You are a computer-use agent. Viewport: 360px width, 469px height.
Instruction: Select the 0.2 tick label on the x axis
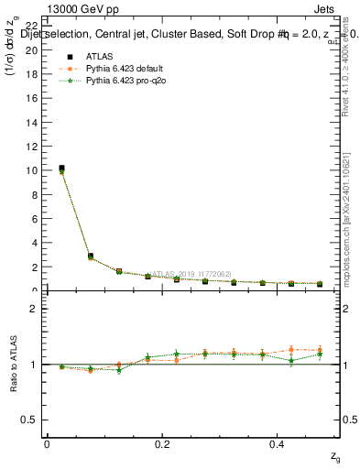162,443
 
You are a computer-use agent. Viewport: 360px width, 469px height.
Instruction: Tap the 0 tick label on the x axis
47,443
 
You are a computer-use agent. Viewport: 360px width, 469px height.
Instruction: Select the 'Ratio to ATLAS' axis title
13,365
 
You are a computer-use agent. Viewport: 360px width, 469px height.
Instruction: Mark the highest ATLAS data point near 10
61,169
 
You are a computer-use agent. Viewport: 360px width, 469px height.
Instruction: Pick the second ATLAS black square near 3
90,256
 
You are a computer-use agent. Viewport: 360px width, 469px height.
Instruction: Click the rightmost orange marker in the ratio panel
320,350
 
